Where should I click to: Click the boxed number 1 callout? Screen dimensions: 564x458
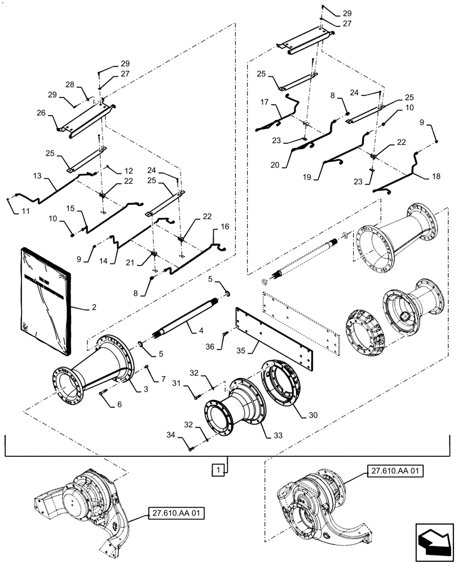[x=216, y=469]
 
